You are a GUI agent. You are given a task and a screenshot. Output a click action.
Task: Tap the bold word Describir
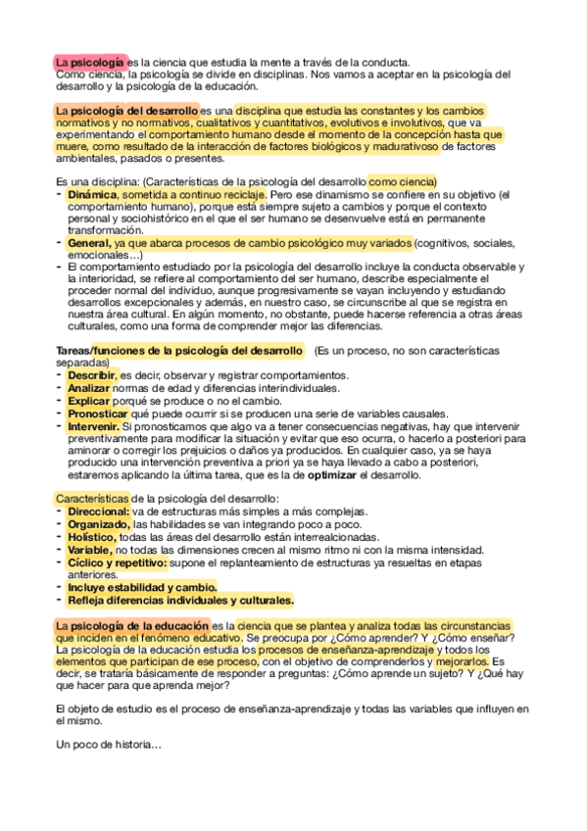coord(91,375)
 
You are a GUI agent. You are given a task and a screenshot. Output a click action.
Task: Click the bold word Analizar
coord(89,388)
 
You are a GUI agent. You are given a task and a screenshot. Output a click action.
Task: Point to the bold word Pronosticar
coord(98,414)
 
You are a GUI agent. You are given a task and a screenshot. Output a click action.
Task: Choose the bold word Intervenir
coord(94,426)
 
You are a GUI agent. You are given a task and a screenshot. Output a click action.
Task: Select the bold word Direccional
coord(98,512)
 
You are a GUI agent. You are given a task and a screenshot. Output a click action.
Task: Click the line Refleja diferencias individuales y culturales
coord(180,600)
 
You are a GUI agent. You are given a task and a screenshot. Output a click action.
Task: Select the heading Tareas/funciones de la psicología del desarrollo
coord(178,351)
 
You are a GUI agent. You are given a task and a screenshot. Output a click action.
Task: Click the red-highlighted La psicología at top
coord(89,62)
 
